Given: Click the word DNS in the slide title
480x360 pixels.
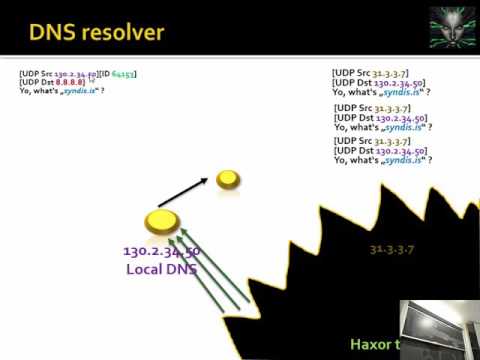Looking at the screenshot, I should coord(56,34).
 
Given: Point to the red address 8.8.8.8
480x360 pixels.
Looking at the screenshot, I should coord(69,82).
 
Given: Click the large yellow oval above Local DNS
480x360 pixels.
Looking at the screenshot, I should coord(161,220).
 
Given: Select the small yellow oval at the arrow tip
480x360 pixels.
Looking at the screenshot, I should coord(228,179).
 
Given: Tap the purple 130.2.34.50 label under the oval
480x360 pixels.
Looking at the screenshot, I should coord(161,252).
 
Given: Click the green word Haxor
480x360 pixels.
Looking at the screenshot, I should coord(367,344).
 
